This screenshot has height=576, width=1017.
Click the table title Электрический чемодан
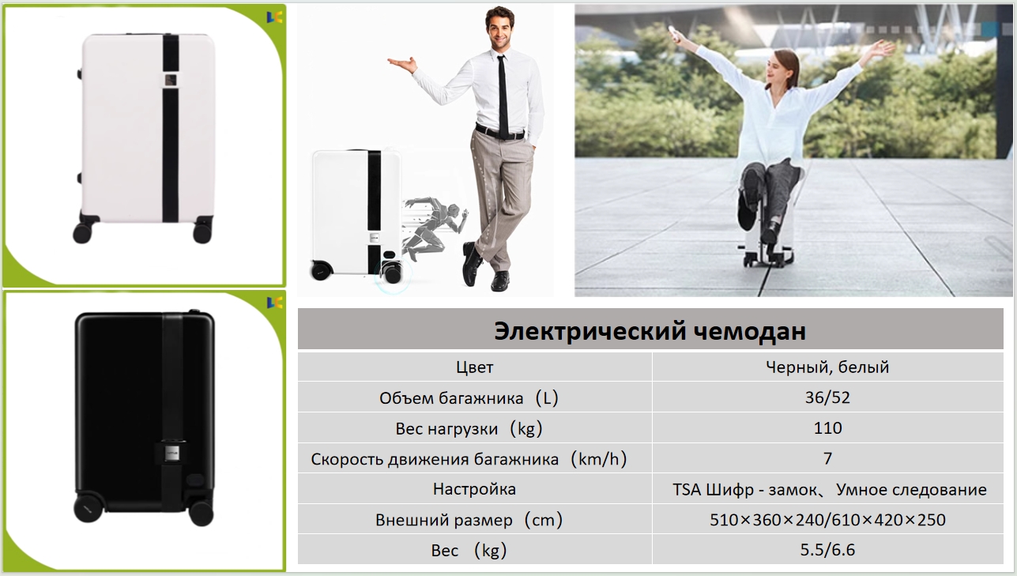tap(650, 331)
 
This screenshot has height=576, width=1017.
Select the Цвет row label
tap(474, 367)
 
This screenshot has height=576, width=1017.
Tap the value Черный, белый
tap(827, 367)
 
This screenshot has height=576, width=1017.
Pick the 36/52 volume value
tap(827, 397)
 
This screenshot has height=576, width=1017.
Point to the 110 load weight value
tap(827, 428)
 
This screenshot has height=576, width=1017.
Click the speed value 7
tap(827, 458)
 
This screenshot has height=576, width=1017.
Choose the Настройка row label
tap(474, 489)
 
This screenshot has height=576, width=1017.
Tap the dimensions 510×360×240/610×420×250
tap(827, 520)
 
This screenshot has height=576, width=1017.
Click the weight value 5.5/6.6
tap(827, 550)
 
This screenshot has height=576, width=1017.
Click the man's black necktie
tap(503, 96)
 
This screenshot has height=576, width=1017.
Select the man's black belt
tap(500, 133)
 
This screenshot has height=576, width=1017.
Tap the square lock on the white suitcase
tap(170, 81)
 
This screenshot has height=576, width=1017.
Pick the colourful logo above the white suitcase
tap(274, 17)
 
